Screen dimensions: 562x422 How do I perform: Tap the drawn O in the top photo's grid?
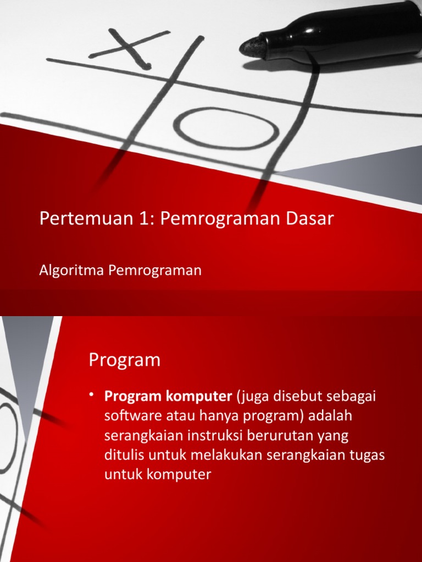[226, 127]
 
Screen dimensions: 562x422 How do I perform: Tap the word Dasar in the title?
[309, 219]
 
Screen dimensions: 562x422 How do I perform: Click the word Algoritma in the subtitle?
[63, 271]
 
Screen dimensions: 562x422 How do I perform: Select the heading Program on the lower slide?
[125, 361]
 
